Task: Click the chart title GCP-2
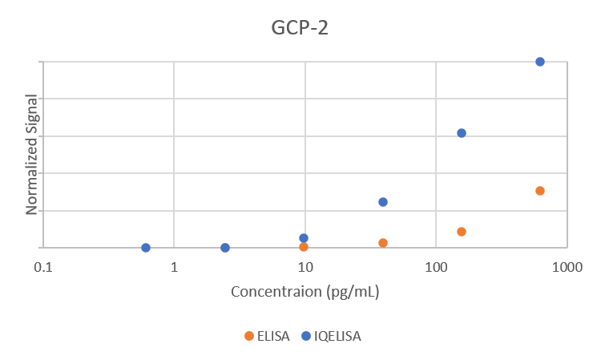coord(299,29)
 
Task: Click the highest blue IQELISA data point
coord(540,62)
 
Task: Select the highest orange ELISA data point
coord(540,191)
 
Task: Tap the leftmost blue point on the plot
coord(146,248)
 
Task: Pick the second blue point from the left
coord(225,248)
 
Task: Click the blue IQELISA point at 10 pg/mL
coord(304,238)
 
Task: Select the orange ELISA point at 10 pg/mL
coord(304,247)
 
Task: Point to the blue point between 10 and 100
coord(383,202)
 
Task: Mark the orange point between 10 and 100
coord(383,243)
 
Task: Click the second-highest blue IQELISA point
coord(462,133)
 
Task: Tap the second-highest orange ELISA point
coord(462,232)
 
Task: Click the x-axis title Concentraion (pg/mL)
coord(305,291)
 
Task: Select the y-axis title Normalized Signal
coord(32,155)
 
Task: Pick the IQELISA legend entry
coord(330,336)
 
